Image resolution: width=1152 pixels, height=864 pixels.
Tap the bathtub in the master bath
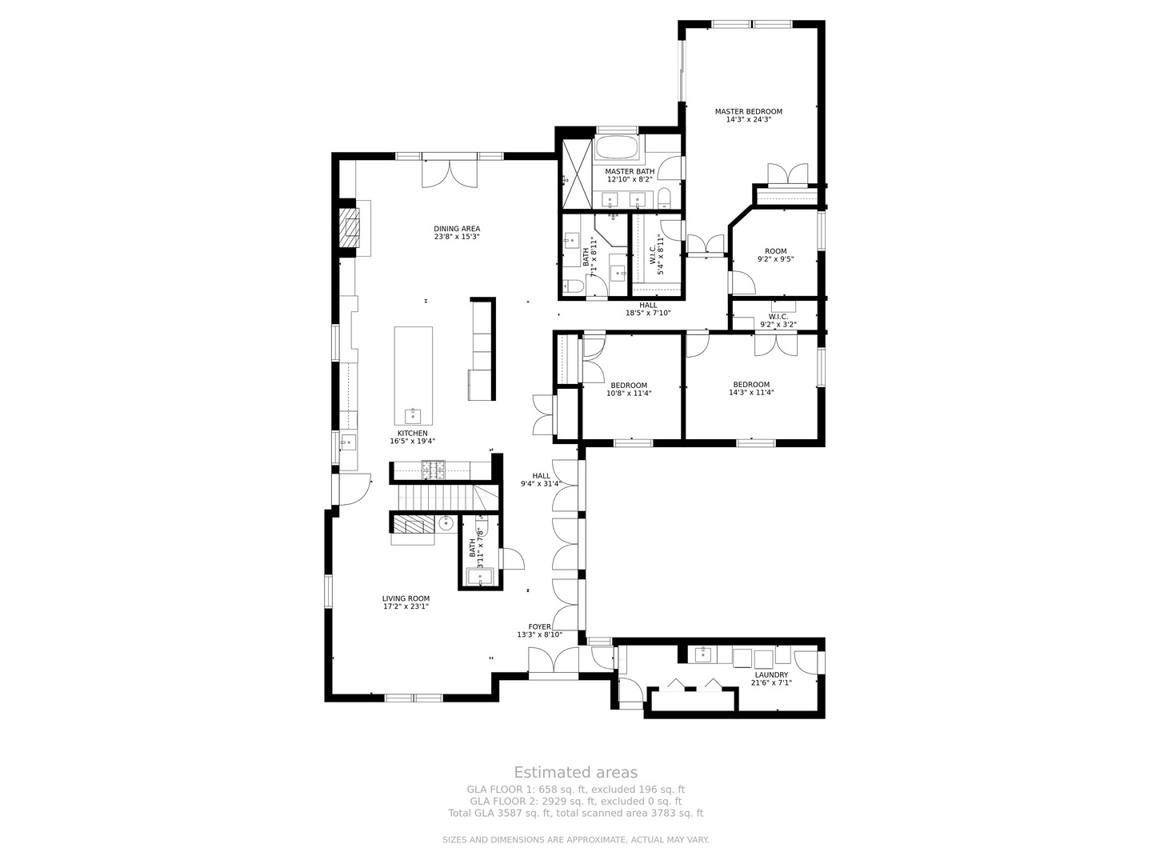pos(617,147)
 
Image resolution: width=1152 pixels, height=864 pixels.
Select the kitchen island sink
pos(413,415)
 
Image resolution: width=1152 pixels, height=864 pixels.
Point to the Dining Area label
pos(457,229)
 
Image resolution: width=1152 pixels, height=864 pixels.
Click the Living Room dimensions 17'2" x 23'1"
pos(406,606)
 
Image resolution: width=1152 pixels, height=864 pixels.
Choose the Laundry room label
pos(771,674)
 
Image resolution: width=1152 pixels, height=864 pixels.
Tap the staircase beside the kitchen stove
pos(447,497)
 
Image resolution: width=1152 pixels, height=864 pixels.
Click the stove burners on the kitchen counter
pos(433,470)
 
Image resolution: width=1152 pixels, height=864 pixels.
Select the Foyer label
pos(539,627)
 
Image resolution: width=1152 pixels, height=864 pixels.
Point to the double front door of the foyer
pos(553,663)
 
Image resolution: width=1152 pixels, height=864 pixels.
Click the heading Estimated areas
pos(575,772)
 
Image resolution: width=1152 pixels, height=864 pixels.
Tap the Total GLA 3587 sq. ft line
pos(575,813)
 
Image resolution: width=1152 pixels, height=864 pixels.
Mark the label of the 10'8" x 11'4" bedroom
pos(629,385)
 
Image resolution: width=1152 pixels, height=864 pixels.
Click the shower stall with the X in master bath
pos(577,173)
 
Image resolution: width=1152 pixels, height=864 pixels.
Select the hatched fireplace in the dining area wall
pos(349,228)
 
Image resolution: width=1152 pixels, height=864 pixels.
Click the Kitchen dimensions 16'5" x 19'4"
pos(413,441)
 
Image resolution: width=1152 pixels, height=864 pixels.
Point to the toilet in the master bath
pos(664,198)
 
